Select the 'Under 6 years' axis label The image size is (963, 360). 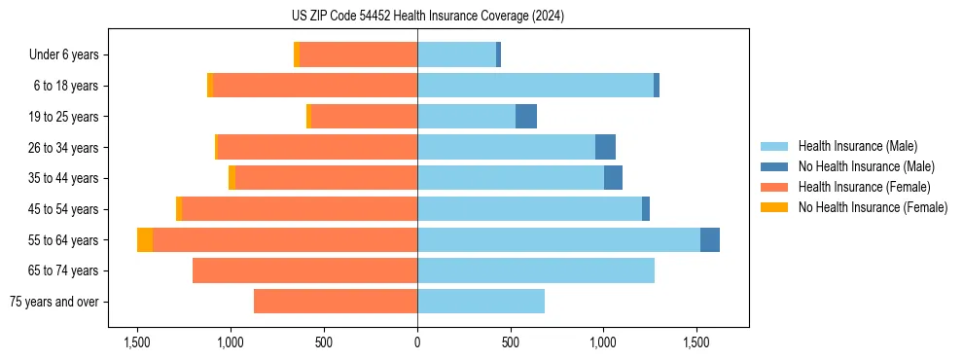(69, 55)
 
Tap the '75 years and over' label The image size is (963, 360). (53, 302)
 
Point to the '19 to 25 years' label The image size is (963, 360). (64, 117)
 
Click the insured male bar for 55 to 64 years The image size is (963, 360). (558, 239)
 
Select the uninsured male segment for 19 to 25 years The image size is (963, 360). (526, 117)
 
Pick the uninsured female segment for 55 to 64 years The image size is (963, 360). (145, 239)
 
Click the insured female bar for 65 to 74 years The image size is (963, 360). (304, 270)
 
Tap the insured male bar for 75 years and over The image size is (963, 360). (481, 302)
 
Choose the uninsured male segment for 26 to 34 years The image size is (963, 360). (605, 148)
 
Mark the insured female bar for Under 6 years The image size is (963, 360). (358, 55)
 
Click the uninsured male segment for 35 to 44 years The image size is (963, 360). (613, 178)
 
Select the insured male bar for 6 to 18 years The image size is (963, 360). (535, 86)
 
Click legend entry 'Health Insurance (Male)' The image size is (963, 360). (857, 146)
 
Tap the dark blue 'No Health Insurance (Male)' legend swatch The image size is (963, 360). (774, 166)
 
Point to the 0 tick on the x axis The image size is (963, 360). (417, 342)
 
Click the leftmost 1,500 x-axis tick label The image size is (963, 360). (137, 342)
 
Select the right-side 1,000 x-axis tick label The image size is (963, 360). (603, 342)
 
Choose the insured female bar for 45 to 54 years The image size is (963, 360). (338, 209)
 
